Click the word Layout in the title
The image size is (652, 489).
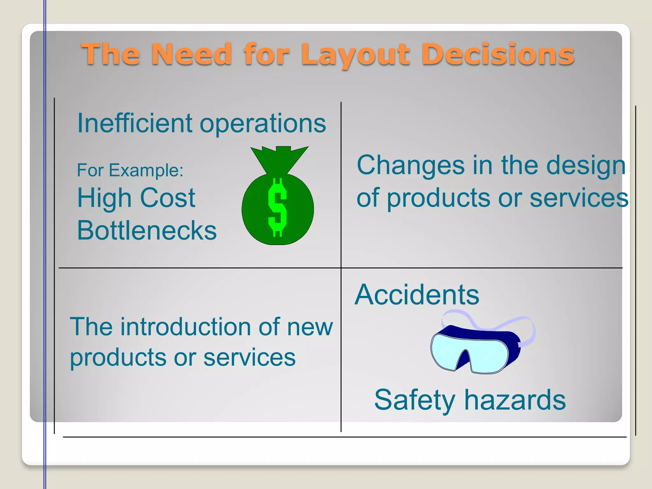tap(356, 55)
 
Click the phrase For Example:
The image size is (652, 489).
tap(130, 170)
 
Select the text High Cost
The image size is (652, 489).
tap(136, 198)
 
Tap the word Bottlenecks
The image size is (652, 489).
tap(147, 230)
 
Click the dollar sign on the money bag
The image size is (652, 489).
tap(277, 207)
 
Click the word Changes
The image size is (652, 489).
tap(410, 165)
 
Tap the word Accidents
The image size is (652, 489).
tap(417, 295)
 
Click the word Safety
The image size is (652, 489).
tap(415, 400)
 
